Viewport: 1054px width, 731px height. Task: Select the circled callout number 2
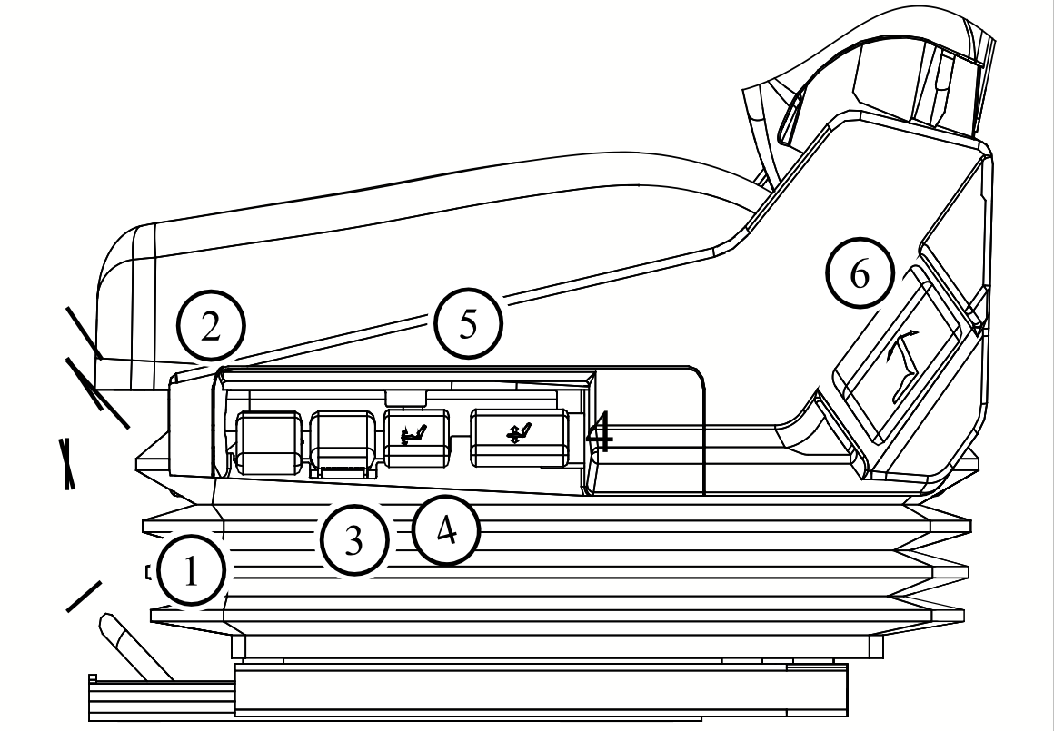tap(210, 327)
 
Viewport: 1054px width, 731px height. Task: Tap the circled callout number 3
tap(353, 542)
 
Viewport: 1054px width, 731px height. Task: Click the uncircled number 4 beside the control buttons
tap(600, 436)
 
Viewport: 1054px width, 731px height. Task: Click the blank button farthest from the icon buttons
tap(268, 441)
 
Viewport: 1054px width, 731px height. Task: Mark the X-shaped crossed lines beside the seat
tap(66, 464)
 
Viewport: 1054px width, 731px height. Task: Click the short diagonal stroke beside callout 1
tap(85, 595)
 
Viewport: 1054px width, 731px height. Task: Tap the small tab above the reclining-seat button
tap(404, 397)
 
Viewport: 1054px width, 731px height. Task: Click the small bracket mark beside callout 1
tap(148, 571)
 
